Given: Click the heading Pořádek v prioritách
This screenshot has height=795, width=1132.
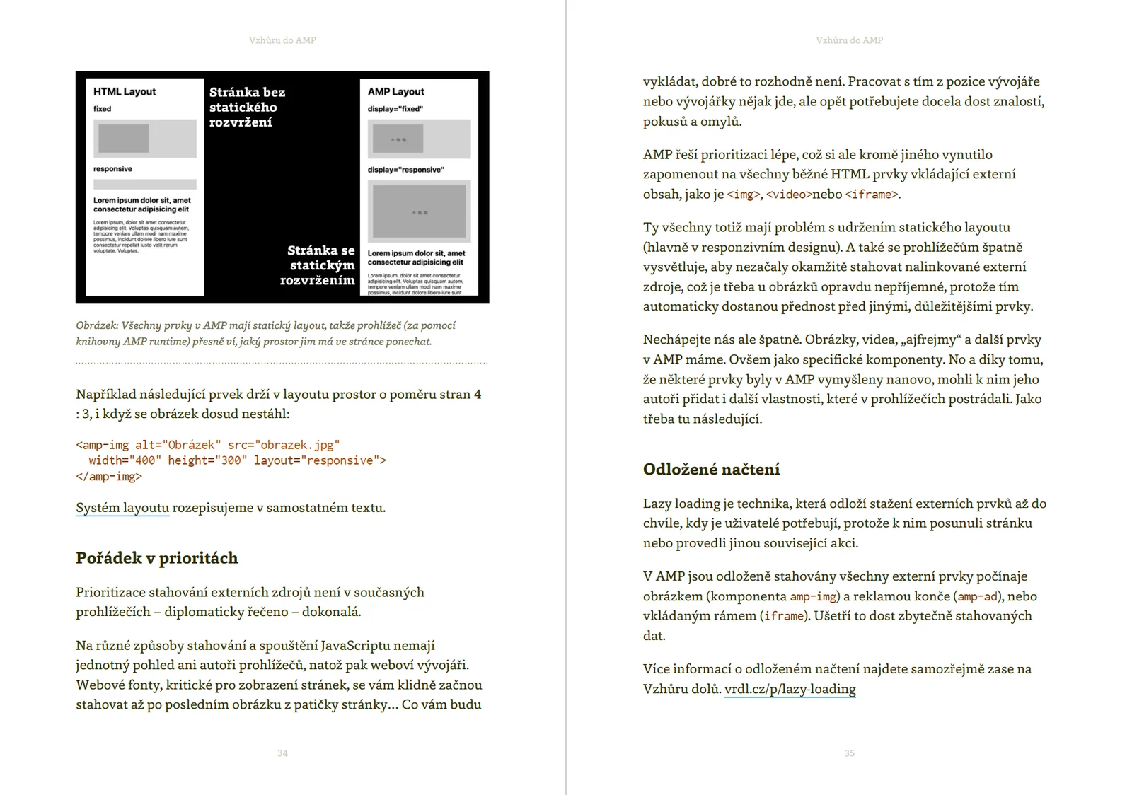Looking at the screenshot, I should [x=156, y=558].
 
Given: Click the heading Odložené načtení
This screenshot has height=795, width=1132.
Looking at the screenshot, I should [x=711, y=469].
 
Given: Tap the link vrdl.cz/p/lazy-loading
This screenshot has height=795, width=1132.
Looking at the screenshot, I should [x=790, y=689].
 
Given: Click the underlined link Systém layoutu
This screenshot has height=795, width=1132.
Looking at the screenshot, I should [x=122, y=508].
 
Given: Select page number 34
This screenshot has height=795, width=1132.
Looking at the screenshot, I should [x=282, y=753].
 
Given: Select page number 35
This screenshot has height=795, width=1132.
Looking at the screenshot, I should [x=849, y=753].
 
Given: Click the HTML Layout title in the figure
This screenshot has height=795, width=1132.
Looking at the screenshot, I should [x=125, y=92].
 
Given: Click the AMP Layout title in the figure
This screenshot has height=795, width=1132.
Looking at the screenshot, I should [x=395, y=92].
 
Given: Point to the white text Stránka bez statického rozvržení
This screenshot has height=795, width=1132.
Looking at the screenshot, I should [x=247, y=107].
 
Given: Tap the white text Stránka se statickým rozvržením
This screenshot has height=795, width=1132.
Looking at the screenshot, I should [x=319, y=265].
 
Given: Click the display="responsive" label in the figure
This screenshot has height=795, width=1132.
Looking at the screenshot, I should [x=405, y=170].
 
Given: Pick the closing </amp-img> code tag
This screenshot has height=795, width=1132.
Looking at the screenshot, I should [x=109, y=477].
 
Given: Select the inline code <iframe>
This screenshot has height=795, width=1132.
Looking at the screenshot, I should [x=872, y=195].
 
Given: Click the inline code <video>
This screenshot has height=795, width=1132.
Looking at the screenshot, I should [x=788, y=195].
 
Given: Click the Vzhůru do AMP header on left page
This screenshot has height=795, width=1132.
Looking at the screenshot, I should [x=282, y=40].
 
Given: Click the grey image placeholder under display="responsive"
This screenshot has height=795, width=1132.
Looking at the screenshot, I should [x=419, y=211].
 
